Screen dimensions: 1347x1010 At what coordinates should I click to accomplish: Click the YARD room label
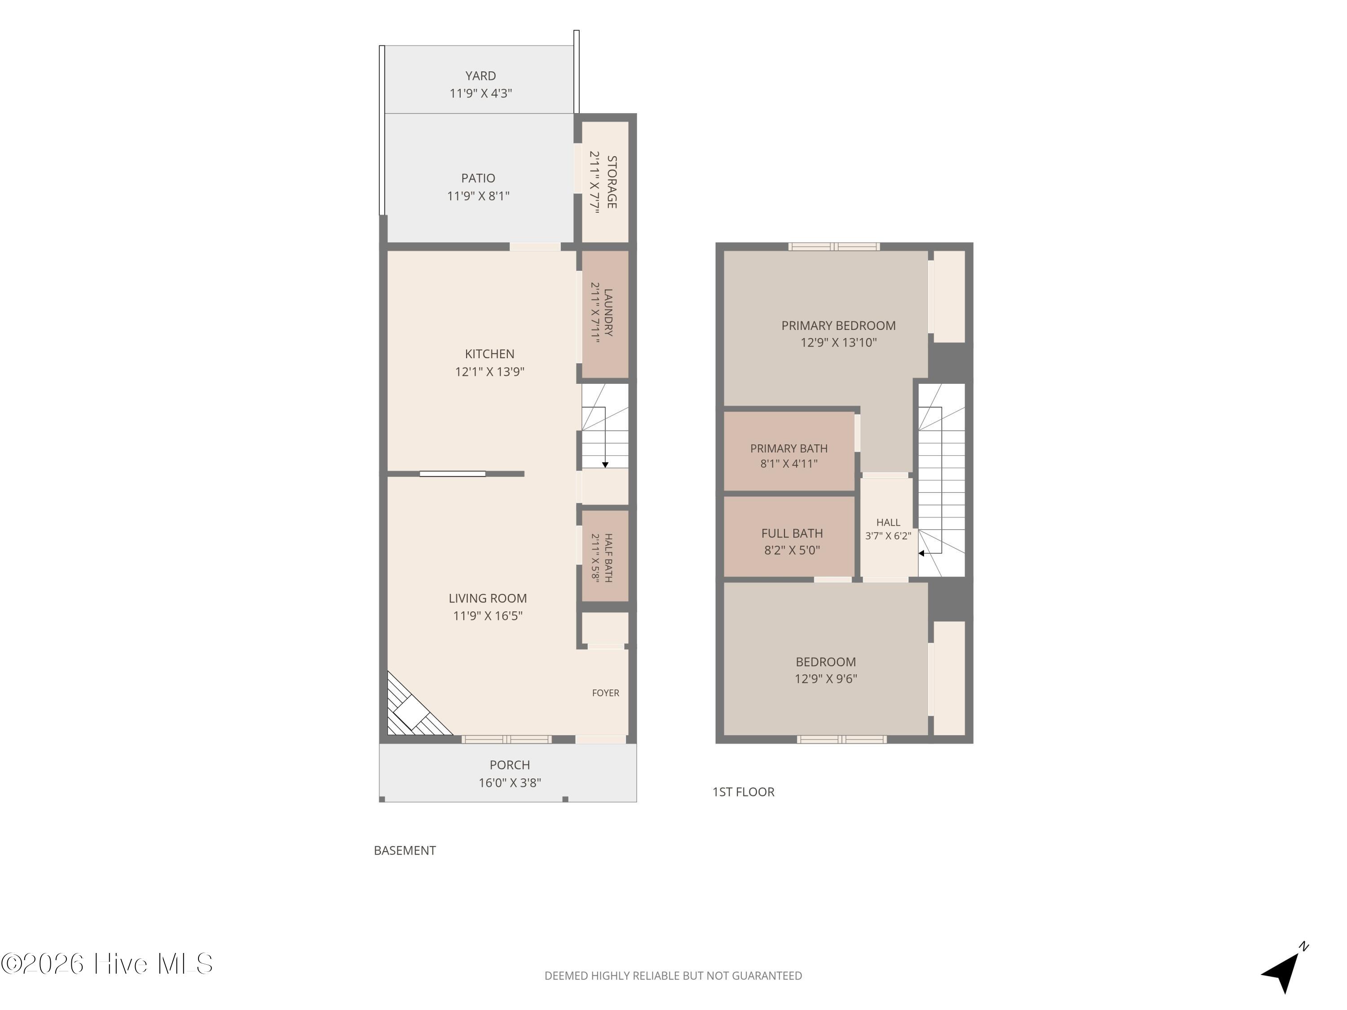click(480, 76)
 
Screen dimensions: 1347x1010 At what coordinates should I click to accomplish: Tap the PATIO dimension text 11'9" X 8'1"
click(478, 196)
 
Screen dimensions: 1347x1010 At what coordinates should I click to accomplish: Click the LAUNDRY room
click(605, 314)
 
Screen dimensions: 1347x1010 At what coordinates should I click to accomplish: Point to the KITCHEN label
click(489, 354)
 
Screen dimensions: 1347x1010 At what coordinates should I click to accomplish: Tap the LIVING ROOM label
click(488, 598)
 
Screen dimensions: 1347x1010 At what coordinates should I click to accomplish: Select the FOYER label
click(605, 693)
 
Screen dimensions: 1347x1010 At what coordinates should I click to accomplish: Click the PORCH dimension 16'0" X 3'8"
click(510, 783)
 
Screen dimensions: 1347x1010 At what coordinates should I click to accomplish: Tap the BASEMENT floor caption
click(405, 851)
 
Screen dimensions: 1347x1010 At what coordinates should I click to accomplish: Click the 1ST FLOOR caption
click(744, 792)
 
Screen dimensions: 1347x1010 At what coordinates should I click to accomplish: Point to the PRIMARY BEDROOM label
click(839, 326)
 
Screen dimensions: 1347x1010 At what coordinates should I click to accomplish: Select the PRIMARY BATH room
click(789, 451)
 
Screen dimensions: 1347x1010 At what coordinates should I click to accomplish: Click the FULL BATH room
click(789, 536)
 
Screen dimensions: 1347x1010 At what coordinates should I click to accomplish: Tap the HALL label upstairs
click(888, 523)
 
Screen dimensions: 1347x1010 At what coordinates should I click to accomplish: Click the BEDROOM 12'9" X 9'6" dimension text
click(826, 679)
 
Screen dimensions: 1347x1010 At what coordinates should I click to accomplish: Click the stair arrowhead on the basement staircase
click(605, 465)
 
